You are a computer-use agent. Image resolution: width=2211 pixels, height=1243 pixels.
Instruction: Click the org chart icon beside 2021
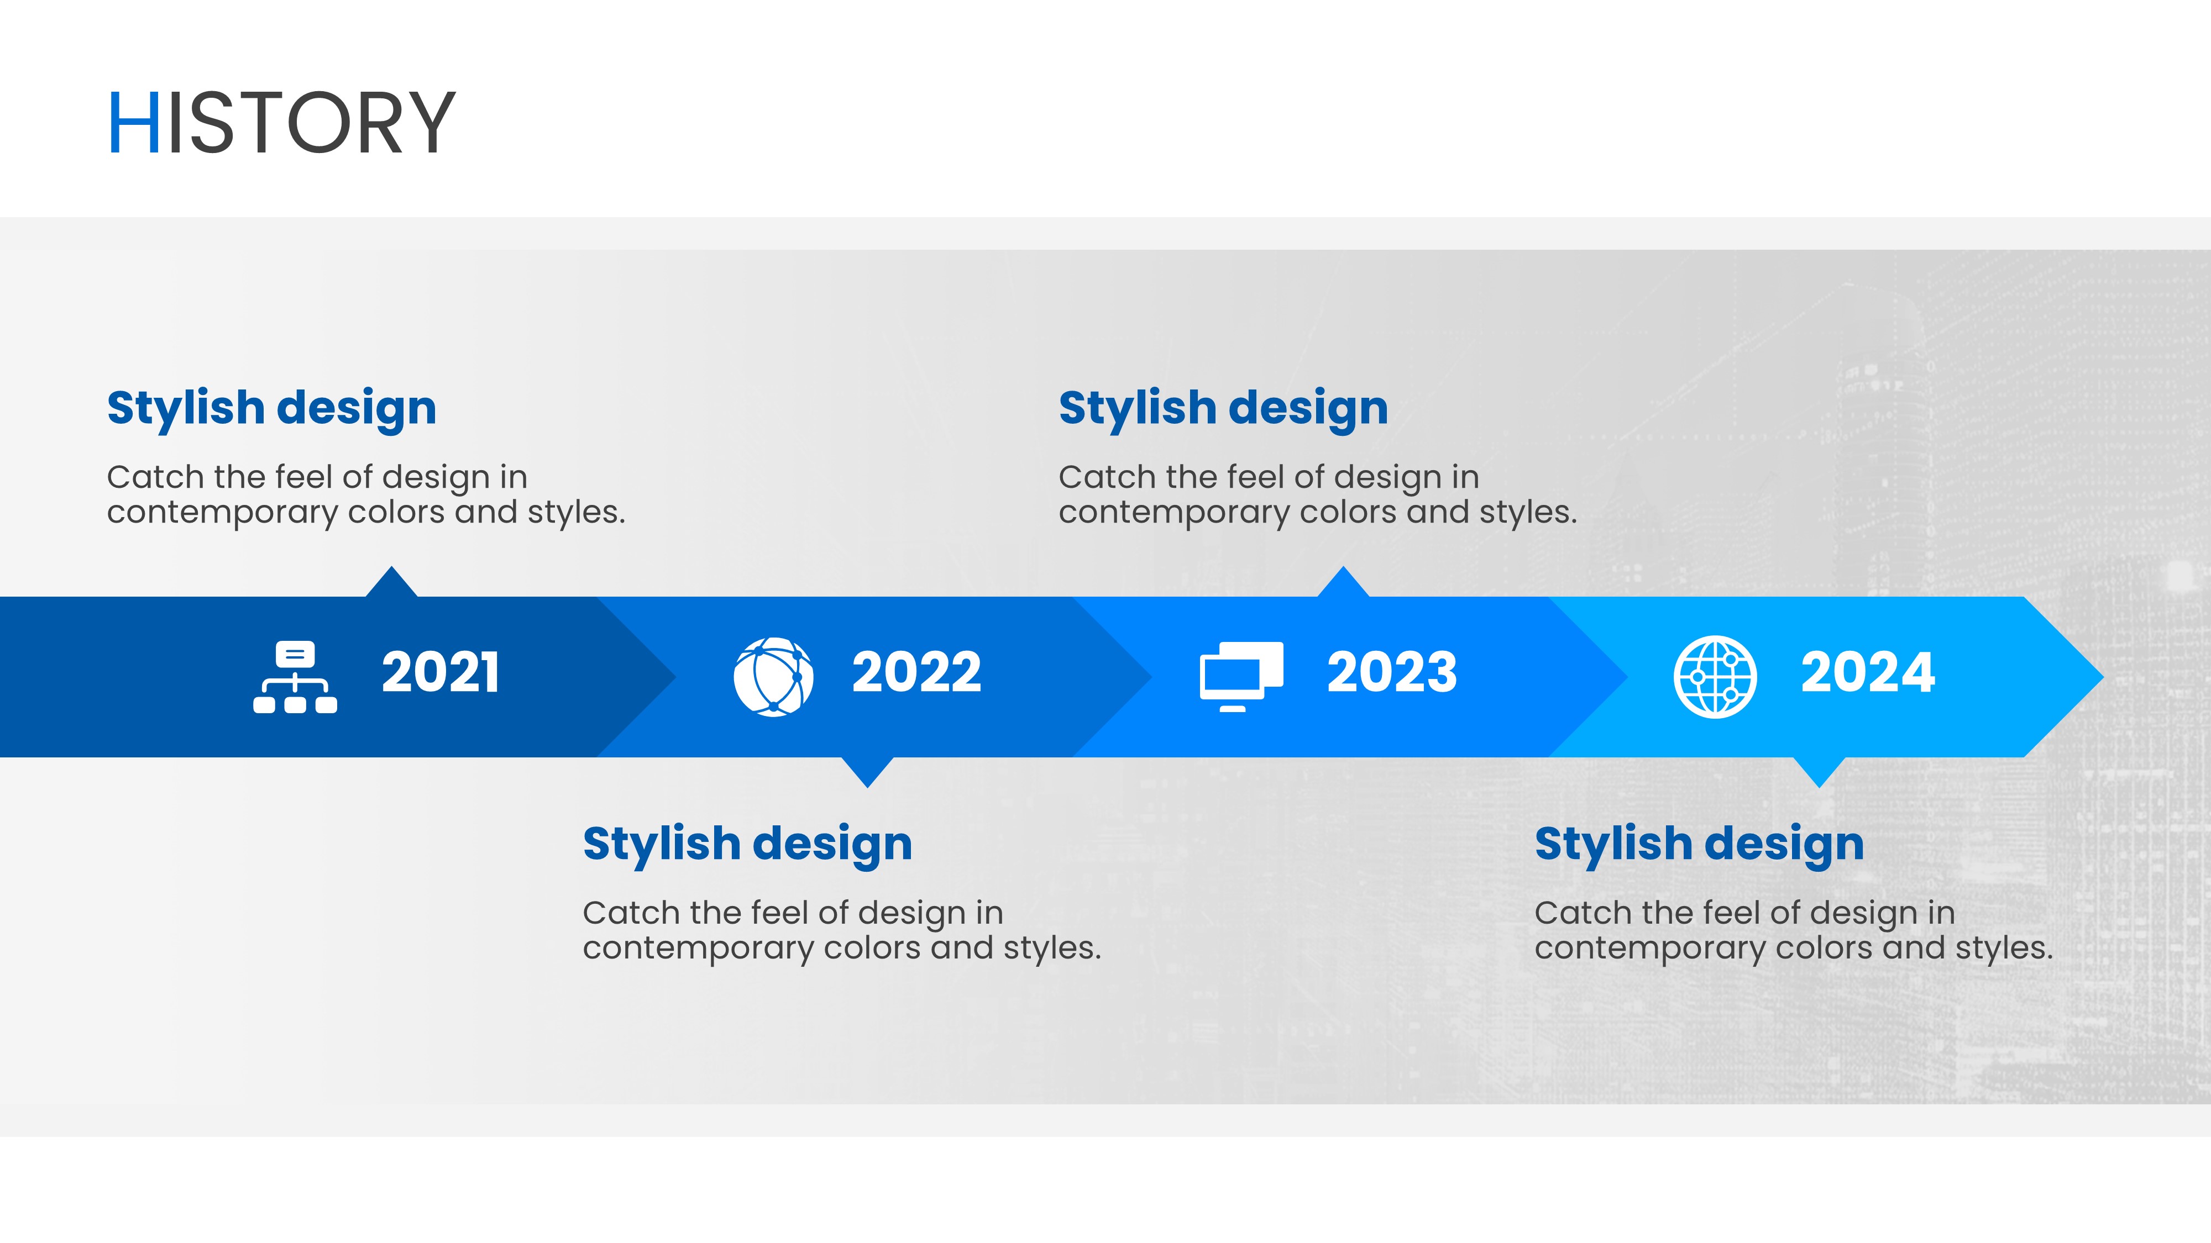tap(295, 677)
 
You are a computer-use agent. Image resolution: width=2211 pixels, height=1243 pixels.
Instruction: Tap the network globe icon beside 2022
tap(773, 677)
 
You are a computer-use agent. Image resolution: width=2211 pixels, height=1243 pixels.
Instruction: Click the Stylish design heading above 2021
tap(272, 408)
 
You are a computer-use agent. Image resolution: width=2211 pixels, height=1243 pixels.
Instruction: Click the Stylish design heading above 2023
tap(1223, 408)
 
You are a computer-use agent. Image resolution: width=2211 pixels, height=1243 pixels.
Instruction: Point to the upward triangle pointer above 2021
tap(391, 584)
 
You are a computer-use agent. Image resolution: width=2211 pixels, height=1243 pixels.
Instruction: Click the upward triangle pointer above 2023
tap(1343, 584)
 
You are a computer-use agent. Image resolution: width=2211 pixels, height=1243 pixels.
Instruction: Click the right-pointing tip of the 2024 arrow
tap(2103, 677)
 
